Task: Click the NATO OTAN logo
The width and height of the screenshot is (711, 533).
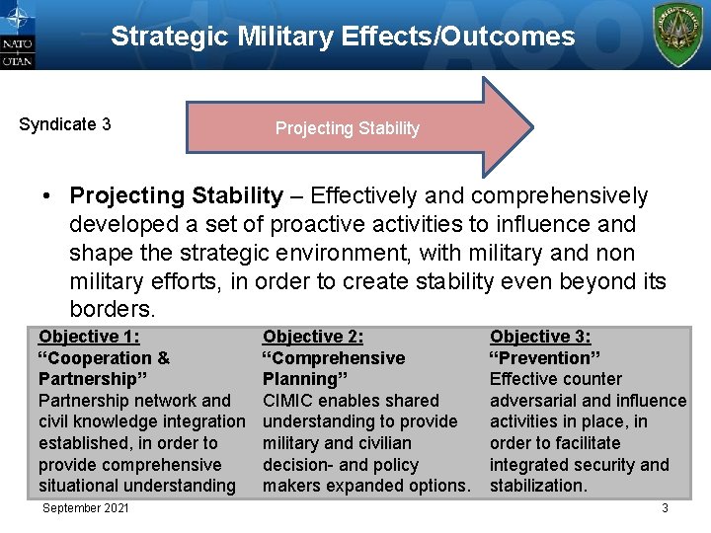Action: click(19, 36)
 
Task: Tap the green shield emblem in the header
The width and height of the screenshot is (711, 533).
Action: click(679, 35)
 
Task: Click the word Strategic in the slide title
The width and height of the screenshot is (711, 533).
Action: click(170, 38)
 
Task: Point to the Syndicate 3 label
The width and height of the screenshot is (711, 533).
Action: click(65, 124)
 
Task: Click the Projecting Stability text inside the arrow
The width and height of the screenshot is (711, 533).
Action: click(347, 128)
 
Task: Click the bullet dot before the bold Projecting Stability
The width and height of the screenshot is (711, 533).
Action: click(47, 196)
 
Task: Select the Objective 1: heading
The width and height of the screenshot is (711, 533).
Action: click(89, 337)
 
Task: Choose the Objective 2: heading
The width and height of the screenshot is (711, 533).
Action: click(313, 337)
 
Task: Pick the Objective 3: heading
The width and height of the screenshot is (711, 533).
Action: click(540, 337)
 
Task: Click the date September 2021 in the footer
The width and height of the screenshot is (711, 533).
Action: click(86, 508)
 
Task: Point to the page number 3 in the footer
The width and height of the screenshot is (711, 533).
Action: click(665, 508)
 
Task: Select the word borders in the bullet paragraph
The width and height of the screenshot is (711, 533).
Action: click(111, 309)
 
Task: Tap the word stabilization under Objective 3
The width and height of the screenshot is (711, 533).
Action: click(538, 486)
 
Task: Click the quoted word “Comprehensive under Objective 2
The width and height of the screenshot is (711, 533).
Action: click(333, 358)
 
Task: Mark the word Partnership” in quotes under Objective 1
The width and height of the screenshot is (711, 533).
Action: click(87, 379)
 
